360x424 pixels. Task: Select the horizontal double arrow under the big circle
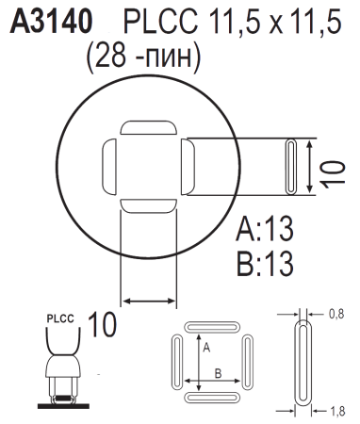point(150,300)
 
